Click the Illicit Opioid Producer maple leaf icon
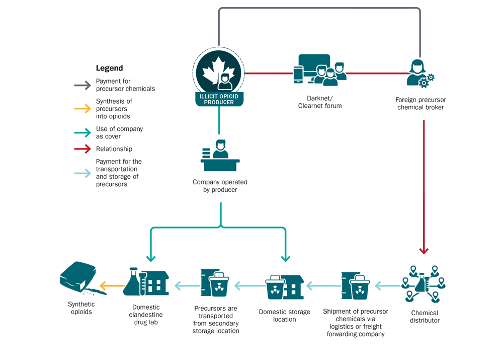[219, 75]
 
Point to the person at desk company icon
[220, 156]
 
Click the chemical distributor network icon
[424, 283]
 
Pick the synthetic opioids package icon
[79, 280]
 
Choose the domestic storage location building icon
[284, 287]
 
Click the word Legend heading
[109, 68]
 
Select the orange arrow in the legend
[80, 108]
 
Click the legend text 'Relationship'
[114, 149]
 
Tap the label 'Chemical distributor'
[424, 317]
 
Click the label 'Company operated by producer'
[220, 186]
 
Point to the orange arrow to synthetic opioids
[112, 286]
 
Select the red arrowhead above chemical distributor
[424, 250]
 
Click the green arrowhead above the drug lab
[151, 258]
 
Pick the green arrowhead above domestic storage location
[285, 258]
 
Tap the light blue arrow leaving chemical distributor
[388, 286]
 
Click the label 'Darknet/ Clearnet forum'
[320, 102]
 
